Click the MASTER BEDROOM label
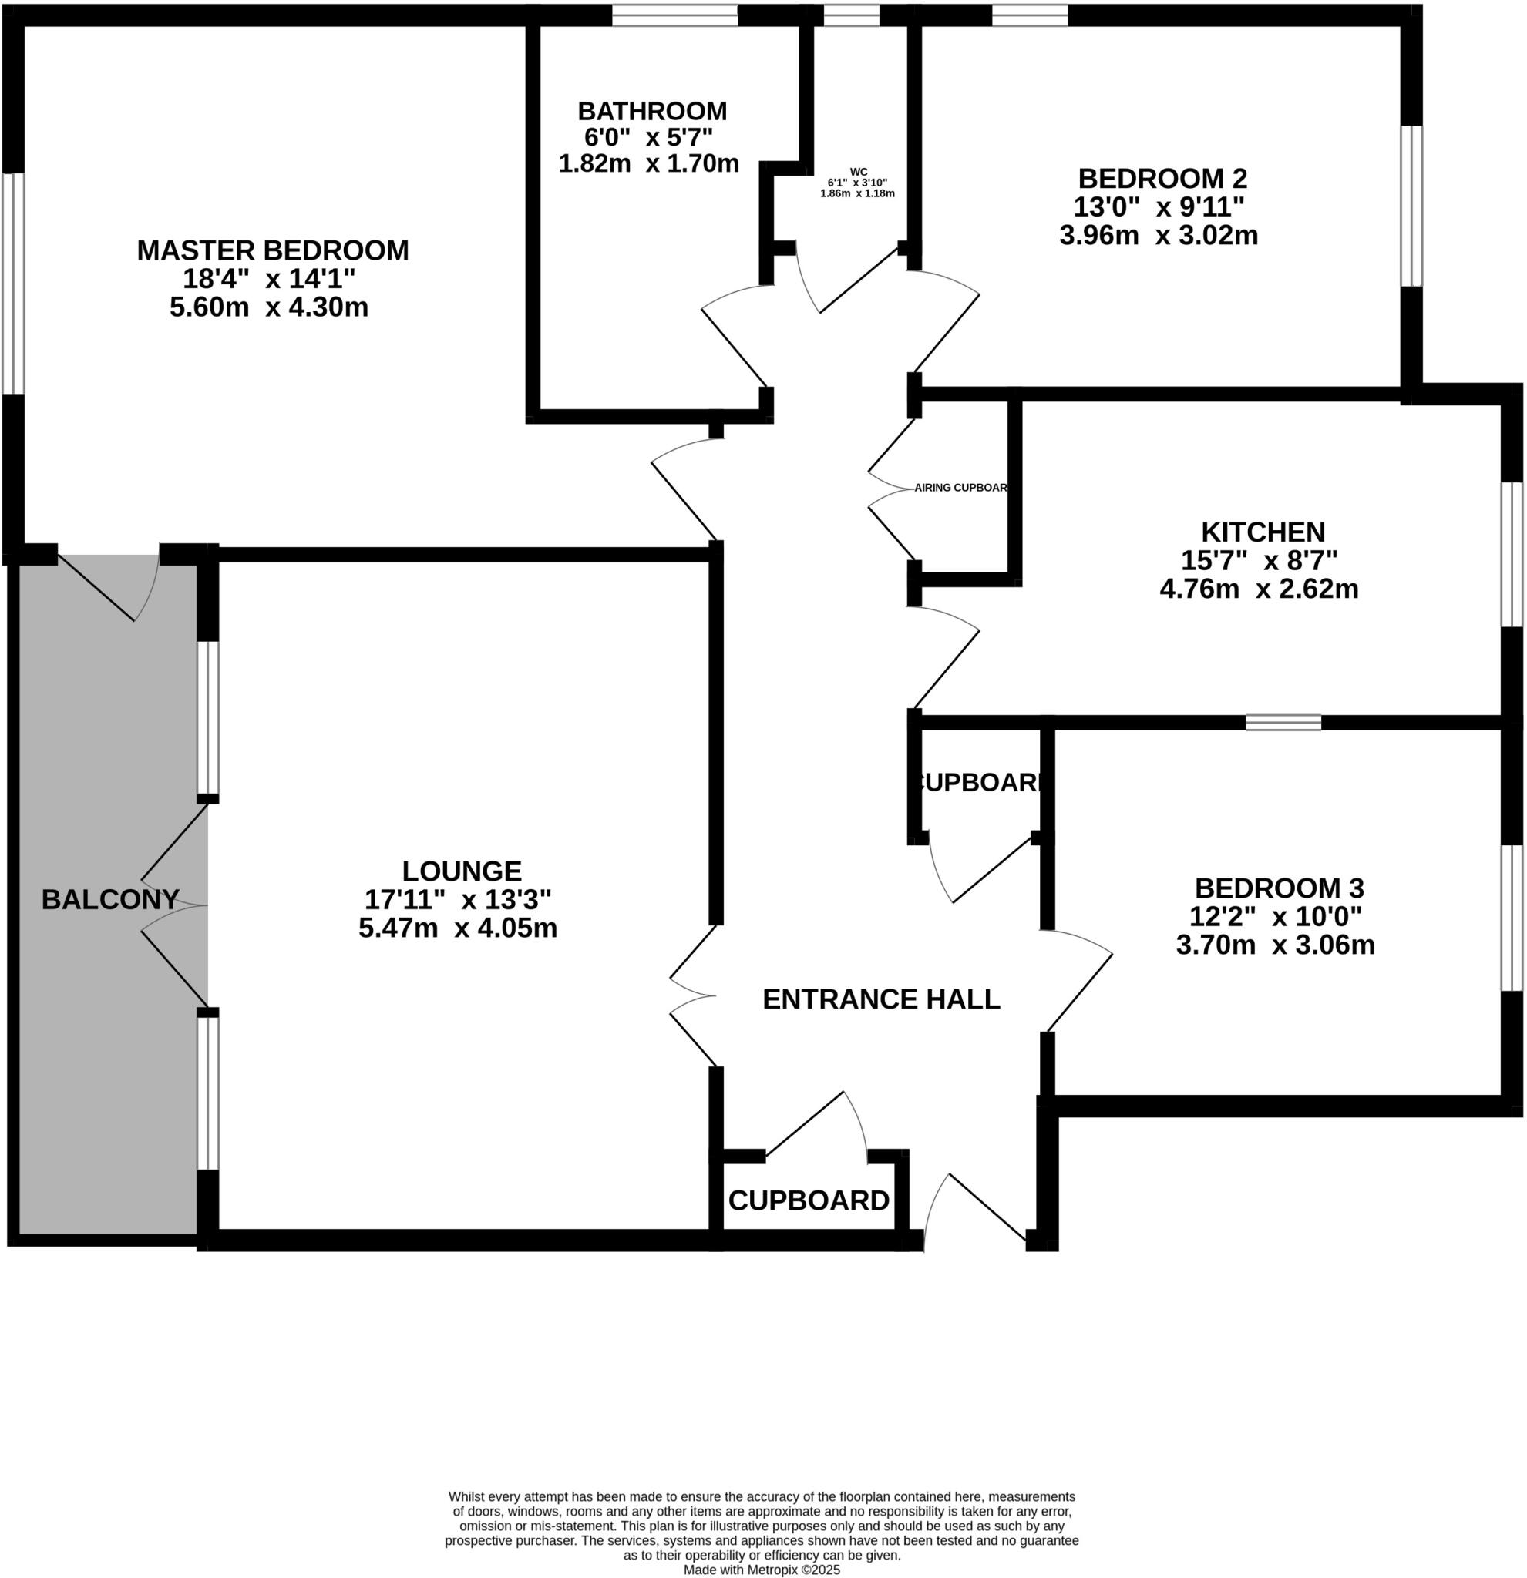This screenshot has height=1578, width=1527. (272, 250)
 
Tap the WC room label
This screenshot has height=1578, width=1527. (859, 172)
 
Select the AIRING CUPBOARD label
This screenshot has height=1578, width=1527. (960, 488)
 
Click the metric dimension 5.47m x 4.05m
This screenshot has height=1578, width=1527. (457, 928)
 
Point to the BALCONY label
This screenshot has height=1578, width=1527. (109, 899)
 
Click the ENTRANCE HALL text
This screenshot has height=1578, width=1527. (881, 999)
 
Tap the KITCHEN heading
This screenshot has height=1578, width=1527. (1263, 532)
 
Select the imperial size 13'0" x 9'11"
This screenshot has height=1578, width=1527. (1158, 207)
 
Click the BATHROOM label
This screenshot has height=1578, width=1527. (652, 111)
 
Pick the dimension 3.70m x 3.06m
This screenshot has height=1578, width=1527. (1275, 945)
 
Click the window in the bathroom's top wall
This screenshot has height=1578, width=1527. (675, 15)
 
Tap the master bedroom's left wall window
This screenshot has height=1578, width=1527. (13, 284)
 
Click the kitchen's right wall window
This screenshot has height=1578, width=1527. (1512, 554)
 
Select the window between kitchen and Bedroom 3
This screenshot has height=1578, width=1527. (1283, 722)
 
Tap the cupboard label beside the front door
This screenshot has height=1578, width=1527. (809, 1200)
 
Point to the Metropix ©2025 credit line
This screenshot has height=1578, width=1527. (762, 1570)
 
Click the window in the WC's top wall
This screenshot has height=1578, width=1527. (850, 15)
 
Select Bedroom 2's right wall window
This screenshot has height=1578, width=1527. (1411, 206)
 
